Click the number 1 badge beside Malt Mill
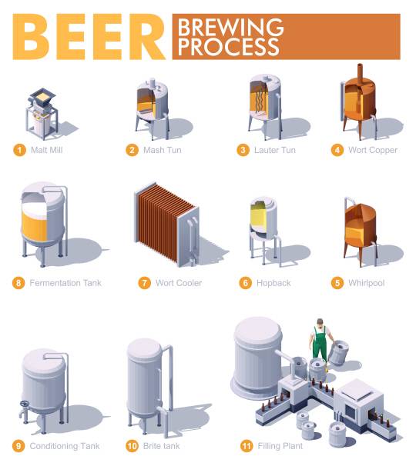click(x=20, y=150)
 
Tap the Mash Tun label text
click(x=163, y=150)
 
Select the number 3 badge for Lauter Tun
click(x=243, y=150)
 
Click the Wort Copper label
click(x=373, y=150)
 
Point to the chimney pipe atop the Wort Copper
click(x=360, y=74)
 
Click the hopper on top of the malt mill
click(x=42, y=96)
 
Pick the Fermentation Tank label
click(x=65, y=283)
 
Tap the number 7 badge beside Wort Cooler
click(x=144, y=283)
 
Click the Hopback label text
click(x=273, y=283)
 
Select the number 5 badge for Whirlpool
click(x=337, y=283)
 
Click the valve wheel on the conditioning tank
click(x=24, y=404)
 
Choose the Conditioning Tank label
click(x=65, y=446)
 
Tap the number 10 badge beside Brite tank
click(x=133, y=446)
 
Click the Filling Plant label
click(x=280, y=446)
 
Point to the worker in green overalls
click(x=320, y=341)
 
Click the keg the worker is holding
click(x=338, y=353)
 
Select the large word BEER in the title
click(x=89, y=37)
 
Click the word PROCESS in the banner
click(x=228, y=47)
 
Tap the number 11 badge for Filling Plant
click(x=247, y=446)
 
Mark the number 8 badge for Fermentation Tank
click(x=18, y=283)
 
